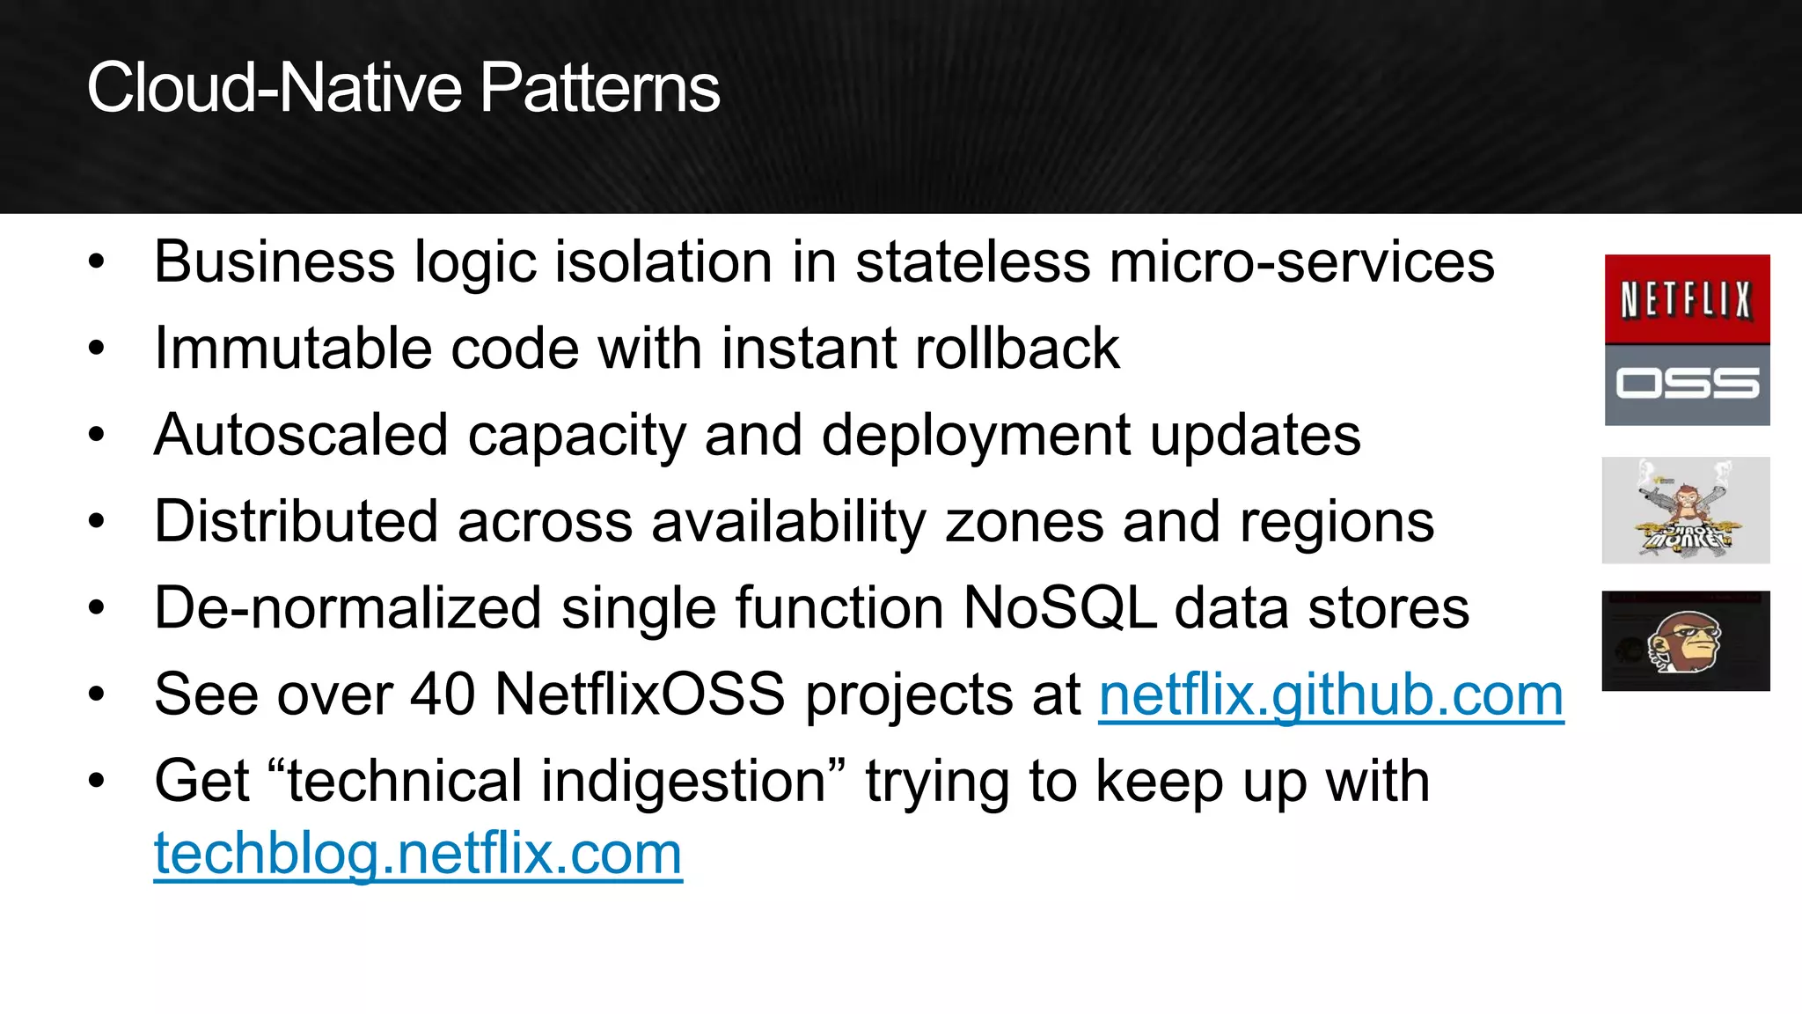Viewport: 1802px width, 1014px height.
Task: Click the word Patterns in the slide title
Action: tap(599, 88)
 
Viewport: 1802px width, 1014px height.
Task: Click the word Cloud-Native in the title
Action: tap(274, 88)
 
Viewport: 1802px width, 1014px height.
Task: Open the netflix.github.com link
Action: tap(1330, 694)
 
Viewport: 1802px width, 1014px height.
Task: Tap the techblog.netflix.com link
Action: tap(418, 853)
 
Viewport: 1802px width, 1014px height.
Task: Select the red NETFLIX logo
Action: tap(1687, 299)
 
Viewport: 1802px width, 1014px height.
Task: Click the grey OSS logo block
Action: tap(1687, 385)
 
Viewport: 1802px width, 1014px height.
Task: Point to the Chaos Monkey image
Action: tap(1686, 511)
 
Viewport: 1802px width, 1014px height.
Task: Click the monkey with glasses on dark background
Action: tap(1686, 641)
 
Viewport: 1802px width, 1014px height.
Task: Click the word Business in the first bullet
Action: tap(275, 261)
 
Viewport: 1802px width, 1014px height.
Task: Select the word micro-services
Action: tap(1301, 261)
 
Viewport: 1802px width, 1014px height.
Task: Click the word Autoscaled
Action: tap(301, 435)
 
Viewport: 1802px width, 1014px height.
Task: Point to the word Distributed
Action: tap(296, 521)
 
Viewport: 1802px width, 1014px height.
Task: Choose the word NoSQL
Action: tap(1059, 607)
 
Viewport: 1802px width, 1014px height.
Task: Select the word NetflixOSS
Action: tap(640, 694)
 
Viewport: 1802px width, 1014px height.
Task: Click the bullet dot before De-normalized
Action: tap(97, 607)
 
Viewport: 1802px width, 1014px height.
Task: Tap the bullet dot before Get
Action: tap(97, 781)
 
